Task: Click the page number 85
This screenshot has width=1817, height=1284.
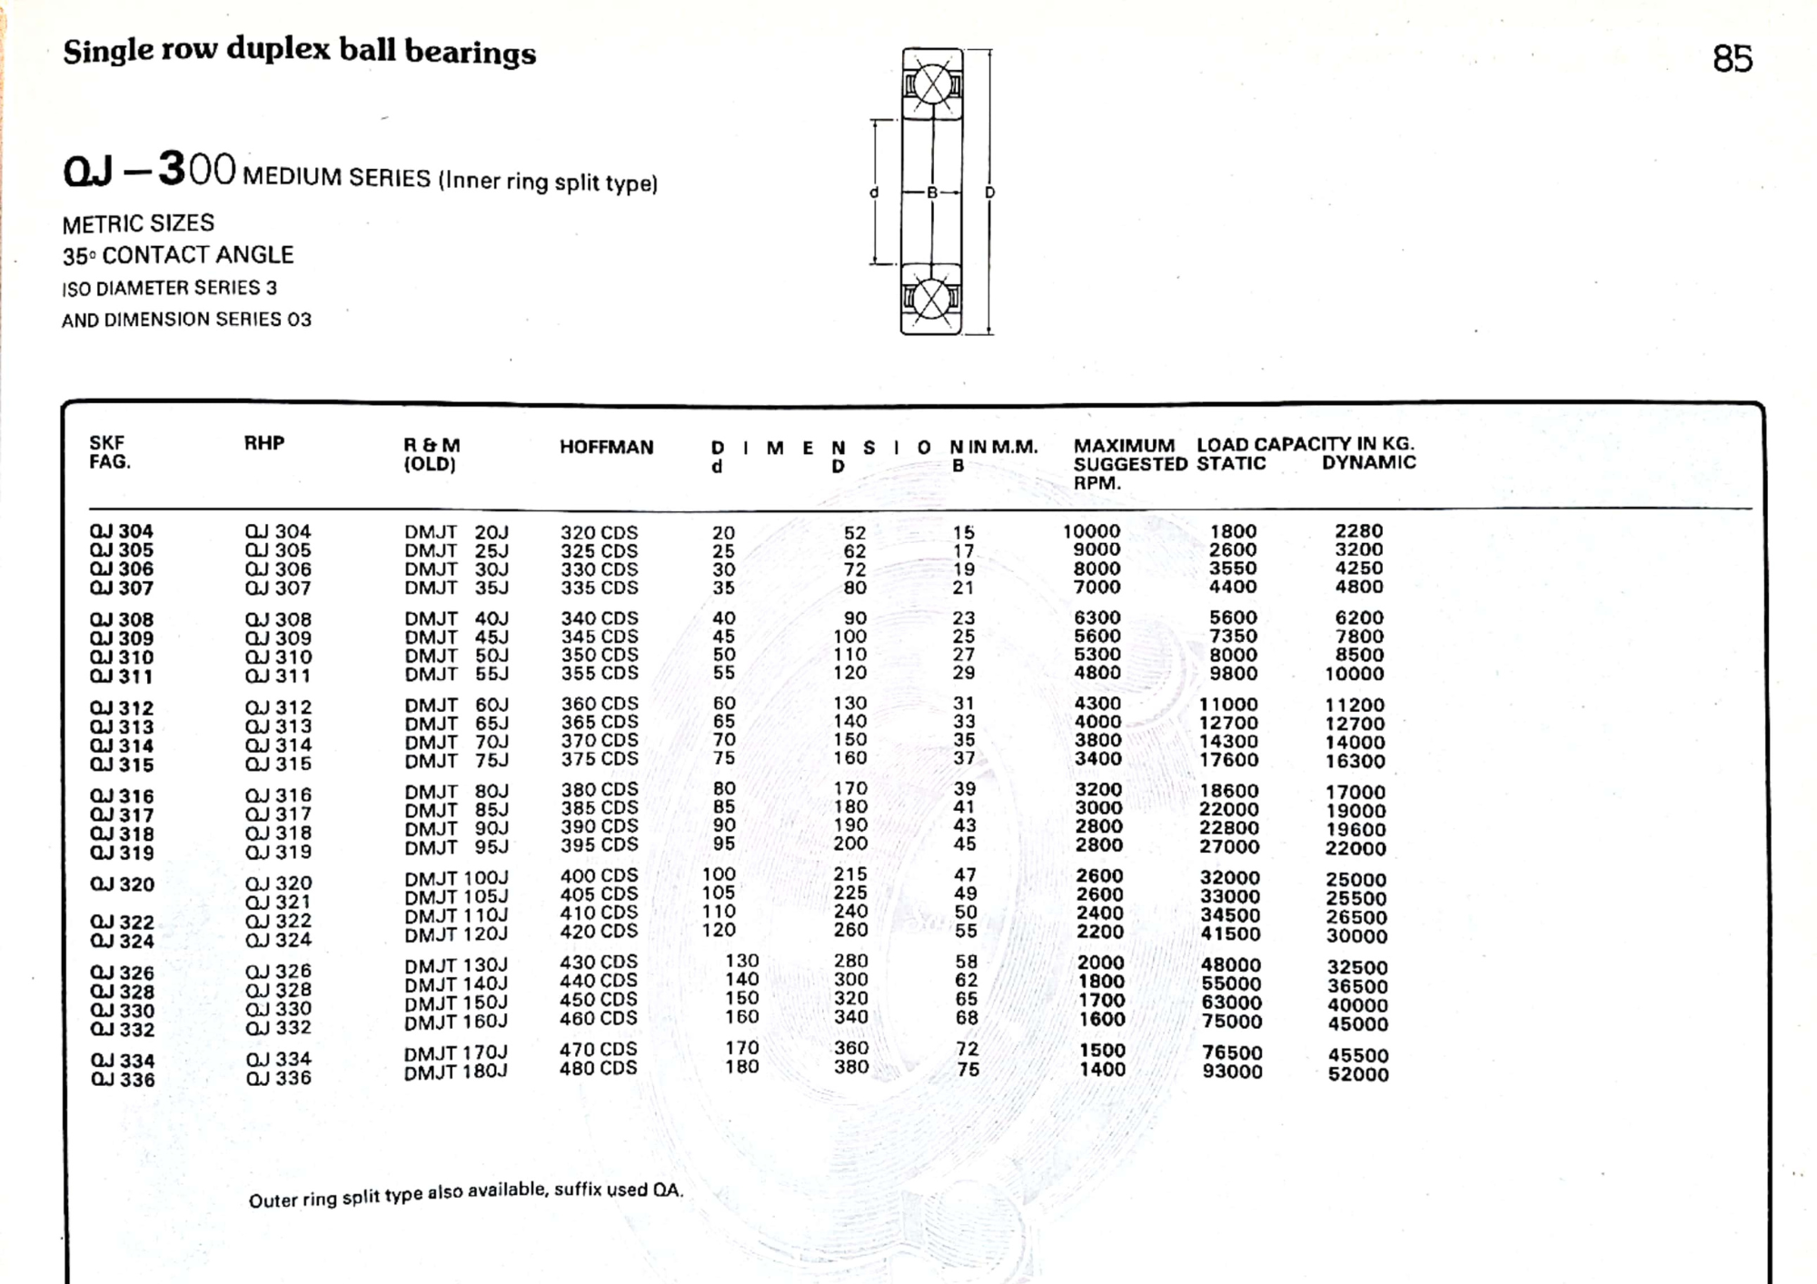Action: tap(1732, 59)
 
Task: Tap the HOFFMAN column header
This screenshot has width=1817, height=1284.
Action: tap(606, 447)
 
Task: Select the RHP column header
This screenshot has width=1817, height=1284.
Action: tap(263, 443)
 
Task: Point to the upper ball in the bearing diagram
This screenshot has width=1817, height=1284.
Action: tap(932, 85)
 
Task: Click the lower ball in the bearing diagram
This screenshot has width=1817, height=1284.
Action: tap(931, 299)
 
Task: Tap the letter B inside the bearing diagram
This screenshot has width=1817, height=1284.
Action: tap(931, 193)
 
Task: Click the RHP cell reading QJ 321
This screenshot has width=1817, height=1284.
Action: tap(278, 902)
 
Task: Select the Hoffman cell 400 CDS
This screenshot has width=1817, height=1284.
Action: tap(599, 876)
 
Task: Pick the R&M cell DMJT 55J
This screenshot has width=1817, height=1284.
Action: tap(456, 674)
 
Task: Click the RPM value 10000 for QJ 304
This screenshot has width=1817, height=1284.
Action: tap(1091, 531)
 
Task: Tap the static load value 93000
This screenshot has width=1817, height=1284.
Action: tap(1231, 1072)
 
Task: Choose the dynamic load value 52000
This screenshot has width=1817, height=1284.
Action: tap(1357, 1074)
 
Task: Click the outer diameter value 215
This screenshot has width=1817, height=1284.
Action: tap(850, 874)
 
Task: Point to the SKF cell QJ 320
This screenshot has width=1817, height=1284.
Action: tap(122, 884)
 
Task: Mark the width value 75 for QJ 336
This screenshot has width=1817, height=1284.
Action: tap(968, 1070)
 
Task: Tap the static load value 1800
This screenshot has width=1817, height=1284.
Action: tap(1233, 531)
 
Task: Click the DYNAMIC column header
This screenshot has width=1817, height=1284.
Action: tap(1368, 463)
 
